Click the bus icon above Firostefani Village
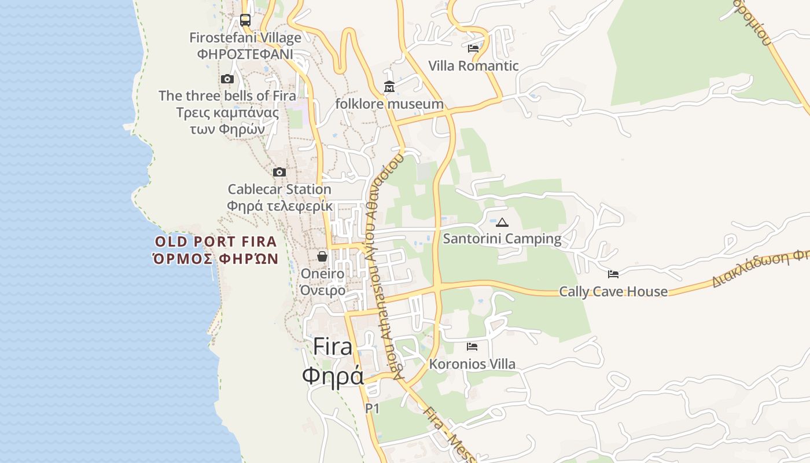245,20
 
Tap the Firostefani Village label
245,38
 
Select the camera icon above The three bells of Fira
227,79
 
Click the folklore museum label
389,104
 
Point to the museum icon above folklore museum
389,87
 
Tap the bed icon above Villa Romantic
473,49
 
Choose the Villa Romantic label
473,66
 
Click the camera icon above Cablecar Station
279,172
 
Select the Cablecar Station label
279,189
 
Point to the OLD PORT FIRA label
216,242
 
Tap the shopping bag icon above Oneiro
322,256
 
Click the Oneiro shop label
322,274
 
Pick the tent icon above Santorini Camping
502,222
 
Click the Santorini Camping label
502,238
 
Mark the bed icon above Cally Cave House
613,274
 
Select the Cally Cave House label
613,292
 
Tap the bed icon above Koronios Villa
472,347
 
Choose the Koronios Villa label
472,365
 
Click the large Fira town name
333,347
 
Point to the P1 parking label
372,409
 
